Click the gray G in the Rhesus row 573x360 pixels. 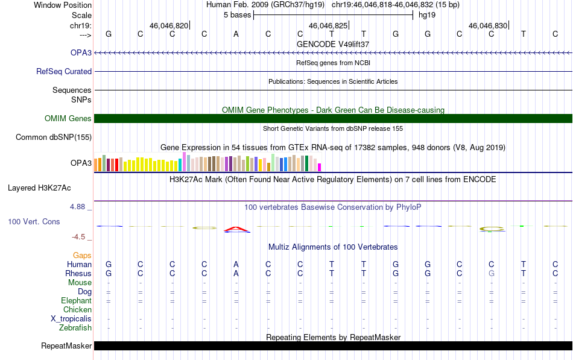click(492, 273)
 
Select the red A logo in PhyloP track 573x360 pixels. click(236, 229)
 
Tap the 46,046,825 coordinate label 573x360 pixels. click(328, 25)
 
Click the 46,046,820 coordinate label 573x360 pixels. click(169, 25)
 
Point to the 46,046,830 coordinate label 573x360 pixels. click(488, 25)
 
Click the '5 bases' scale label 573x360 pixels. click(238, 15)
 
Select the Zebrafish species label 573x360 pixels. click(75, 328)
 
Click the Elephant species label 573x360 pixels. click(77, 301)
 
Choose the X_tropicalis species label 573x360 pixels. click(71, 319)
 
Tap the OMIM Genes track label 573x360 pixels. click(68, 118)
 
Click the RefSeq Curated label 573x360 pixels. click(64, 71)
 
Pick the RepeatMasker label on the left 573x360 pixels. click(66, 346)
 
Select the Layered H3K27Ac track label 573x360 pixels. click(39, 188)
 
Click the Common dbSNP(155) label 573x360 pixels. click(54, 137)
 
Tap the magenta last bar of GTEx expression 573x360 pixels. click(320, 168)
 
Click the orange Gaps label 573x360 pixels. click(82, 256)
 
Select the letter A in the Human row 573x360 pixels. click(236, 264)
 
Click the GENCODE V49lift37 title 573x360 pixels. click(333, 44)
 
